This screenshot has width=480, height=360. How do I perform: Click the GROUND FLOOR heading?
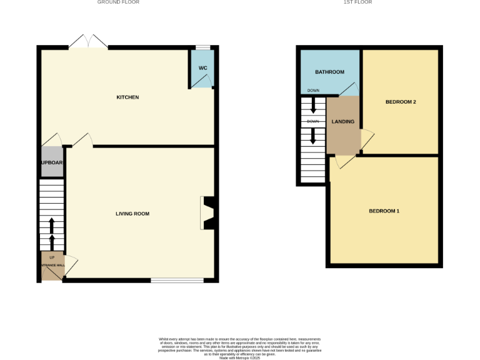(x=118, y=2)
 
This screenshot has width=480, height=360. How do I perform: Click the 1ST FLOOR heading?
(x=357, y=2)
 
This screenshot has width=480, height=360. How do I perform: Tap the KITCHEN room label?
(x=127, y=97)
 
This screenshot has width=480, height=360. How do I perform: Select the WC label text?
(x=202, y=67)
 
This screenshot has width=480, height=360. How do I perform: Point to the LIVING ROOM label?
(x=132, y=214)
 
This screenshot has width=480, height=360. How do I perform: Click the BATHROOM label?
(x=329, y=72)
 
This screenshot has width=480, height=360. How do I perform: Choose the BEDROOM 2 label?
(x=401, y=102)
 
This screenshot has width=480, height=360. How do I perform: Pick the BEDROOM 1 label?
(x=384, y=211)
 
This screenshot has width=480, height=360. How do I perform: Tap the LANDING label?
(x=343, y=122)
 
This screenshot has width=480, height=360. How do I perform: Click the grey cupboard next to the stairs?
(x=52, y=162)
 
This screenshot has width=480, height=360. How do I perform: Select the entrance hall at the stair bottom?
(x=52, y=265)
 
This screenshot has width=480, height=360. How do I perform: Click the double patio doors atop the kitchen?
(x=88, y=42)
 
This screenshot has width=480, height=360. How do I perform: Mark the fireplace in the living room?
(x=208, y=214)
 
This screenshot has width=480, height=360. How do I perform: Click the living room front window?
(x=177, y=281)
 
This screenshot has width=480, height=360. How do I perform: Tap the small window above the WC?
(x=203, y=47)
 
